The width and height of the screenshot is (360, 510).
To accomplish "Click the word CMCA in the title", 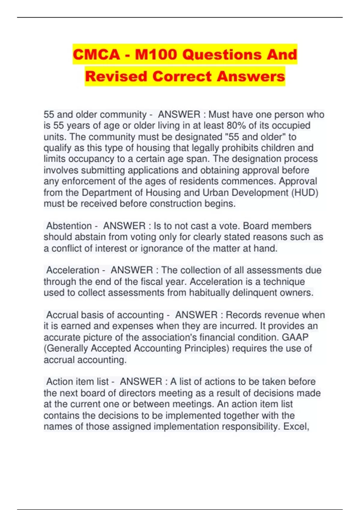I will coord(96,55).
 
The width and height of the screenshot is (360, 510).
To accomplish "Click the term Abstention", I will coord(69,226).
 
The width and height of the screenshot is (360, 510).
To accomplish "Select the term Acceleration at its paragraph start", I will coord(73,270).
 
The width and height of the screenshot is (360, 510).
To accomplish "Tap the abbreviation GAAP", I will coord(295,337).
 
